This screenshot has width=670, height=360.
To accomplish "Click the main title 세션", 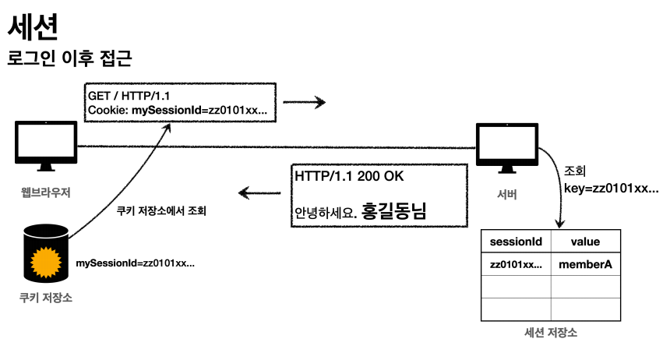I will tap(32, 27).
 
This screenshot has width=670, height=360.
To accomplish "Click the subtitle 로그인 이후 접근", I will tap(69, 59).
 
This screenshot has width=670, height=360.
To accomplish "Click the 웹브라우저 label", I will tap(45, 192).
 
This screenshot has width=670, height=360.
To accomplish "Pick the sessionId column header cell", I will tap(516, 242).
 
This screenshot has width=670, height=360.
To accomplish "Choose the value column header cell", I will tap(585, 242).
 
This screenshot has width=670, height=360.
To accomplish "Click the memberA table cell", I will tap(585, 265).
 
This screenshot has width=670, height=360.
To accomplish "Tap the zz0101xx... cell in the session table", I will tap(516, 265).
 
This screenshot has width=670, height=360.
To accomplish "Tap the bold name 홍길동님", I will tap(393, 210).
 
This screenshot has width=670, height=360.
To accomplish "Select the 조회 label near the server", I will tap(574, 171).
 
